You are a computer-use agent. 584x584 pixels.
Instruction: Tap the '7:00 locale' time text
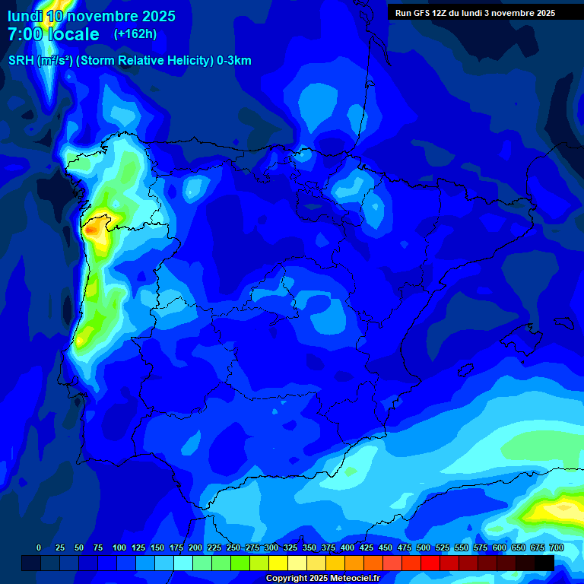(x=53, y=34)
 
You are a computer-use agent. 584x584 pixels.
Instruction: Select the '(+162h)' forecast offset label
(x=135, y=34)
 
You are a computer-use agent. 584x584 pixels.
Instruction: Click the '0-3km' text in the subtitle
(x=234, y=61)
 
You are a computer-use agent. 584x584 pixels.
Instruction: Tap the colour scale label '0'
(x=39, y=547)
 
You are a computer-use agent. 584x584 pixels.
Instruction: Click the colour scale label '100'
(x=119, y=547)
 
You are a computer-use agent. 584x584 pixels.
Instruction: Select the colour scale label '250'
(x=233, y=547)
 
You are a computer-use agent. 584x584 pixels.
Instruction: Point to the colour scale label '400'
(x=348, y=547)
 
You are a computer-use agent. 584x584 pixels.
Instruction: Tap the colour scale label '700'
(x=557, y=547)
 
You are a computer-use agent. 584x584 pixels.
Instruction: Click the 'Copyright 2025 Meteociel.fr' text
(x=322, y=578)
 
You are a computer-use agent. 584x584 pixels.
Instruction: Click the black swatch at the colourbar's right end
(x=544, y=563)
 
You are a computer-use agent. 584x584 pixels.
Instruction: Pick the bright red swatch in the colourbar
(x=430, y=563)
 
